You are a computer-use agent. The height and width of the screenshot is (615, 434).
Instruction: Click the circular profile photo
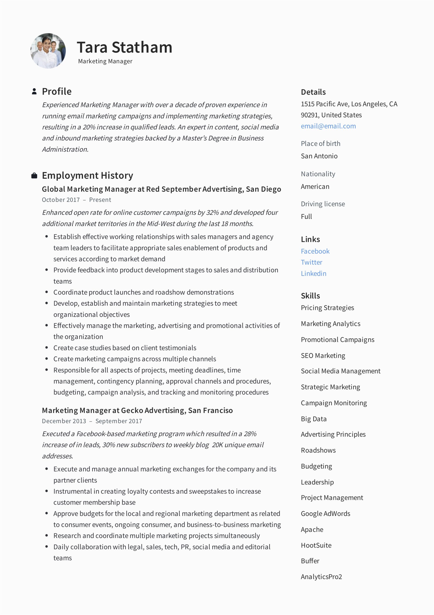[x=48, y=51]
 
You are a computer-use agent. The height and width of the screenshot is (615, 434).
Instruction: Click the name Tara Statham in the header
[x=125, y=47]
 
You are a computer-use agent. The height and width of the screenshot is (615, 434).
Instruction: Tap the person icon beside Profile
[x=34, y=91]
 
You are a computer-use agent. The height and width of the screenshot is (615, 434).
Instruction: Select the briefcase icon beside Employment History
[x=34, y=176]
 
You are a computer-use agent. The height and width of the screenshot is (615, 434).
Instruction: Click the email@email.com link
[x=328, y=126]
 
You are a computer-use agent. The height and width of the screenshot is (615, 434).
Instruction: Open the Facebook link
[x=315, y=251]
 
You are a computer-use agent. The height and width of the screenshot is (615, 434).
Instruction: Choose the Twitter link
[x=311, y=263]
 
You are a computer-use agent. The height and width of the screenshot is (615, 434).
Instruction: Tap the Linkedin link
[x=314, y=273]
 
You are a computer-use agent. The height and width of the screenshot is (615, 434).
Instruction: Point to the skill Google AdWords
[x=325, y=513]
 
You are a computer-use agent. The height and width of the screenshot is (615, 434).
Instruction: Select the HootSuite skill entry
[x=316, y=545]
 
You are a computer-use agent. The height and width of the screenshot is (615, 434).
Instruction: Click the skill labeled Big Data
[x=314, y=419]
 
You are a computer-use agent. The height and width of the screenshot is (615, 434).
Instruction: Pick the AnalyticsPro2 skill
[x=321, y=577]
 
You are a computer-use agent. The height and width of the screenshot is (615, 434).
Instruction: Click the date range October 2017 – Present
[x=76, y=200]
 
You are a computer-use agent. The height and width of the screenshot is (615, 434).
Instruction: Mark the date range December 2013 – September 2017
[x=92, y=421]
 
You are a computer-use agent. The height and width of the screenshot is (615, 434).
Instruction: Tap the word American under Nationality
[x=315, y=186]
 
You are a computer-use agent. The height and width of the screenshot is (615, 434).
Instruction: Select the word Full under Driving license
[x=306, y=216]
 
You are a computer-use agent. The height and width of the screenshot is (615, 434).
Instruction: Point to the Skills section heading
[x=310, y=296]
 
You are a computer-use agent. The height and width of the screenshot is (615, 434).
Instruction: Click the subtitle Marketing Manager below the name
[x=105, y=61]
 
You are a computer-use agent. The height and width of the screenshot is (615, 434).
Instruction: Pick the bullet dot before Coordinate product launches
[x=47, y=292]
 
